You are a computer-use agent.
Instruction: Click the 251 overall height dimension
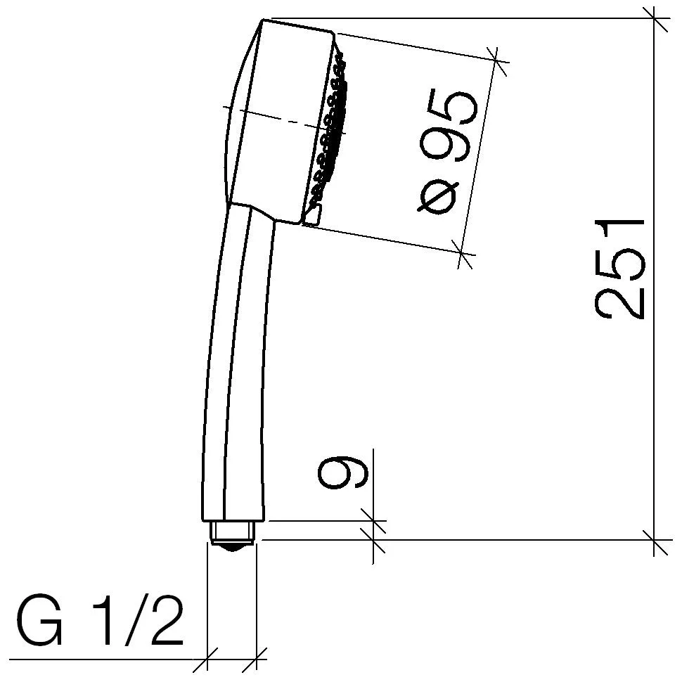(620, 269)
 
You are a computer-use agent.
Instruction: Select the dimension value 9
(342, 471)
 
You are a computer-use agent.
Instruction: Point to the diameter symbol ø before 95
(437, 195)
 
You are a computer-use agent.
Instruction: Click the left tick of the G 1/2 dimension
(207, 660)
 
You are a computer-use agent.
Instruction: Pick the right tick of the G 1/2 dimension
(257, 660)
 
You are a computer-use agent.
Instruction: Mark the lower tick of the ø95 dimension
(463, 252)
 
